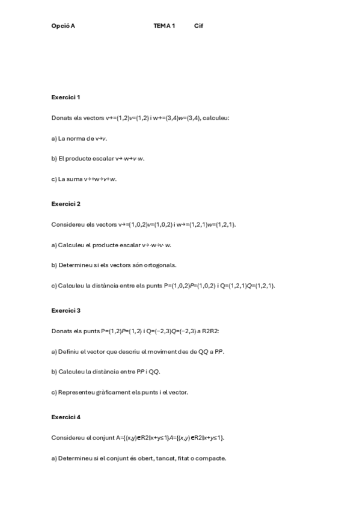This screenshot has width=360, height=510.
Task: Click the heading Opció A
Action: (63, 26)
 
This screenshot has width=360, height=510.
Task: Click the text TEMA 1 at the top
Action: (164, 26)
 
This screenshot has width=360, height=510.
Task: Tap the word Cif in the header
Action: (199, 26)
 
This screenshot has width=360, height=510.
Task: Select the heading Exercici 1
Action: (66, 97)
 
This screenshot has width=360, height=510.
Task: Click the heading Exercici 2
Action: (66, 203)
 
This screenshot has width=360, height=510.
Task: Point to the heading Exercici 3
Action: (66, 310)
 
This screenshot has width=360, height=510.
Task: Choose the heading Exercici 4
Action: (66, 417)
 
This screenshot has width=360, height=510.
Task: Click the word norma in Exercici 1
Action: (76, 138)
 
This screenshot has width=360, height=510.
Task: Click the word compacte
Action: (210, 458)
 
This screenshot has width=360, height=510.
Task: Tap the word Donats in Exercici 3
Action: (61, 331)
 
